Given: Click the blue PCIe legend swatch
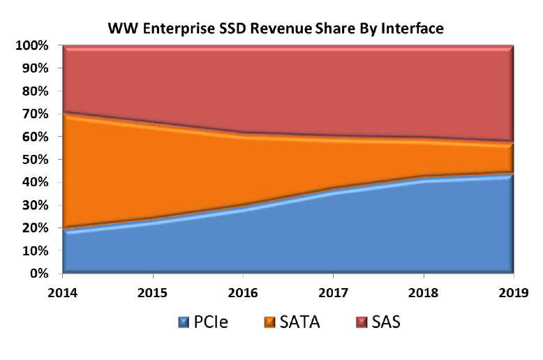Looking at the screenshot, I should point(184,324).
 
